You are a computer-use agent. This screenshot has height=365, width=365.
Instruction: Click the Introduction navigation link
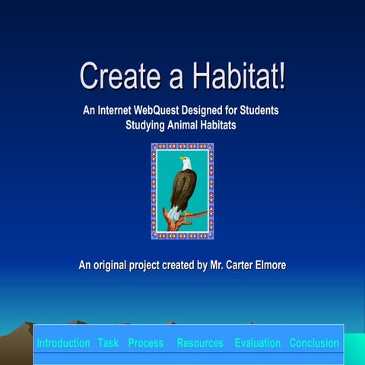click(63, 343)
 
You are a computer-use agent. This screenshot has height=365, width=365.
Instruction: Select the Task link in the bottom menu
click(108, 343)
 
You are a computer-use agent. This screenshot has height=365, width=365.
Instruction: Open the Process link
click(145, 343)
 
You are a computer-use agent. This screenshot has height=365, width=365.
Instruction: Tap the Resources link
click(200, 343)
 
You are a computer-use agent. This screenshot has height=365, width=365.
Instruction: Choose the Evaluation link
click(257, 343)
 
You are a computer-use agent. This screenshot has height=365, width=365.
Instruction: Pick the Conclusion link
click(314, 343)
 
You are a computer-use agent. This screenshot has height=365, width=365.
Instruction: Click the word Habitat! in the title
click(236, 77)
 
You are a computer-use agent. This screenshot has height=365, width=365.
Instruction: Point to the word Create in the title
click(115, 77)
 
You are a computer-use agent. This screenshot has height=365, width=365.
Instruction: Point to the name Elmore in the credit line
click(268, 265)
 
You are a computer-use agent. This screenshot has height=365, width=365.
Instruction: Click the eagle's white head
click(184, 162)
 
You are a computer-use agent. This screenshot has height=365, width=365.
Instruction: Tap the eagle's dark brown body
click(182, 186)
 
